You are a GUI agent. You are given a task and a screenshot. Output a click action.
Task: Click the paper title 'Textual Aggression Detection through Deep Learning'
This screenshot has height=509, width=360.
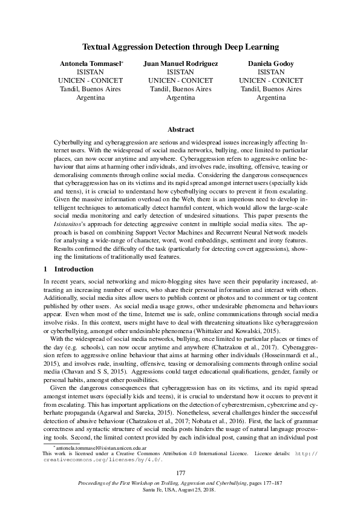click(x=180, y=47)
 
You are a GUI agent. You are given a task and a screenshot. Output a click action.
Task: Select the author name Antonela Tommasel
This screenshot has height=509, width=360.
click(x=89, y=63)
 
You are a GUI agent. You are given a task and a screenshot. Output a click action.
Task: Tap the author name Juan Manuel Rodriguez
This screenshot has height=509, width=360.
click(x=180, y=63)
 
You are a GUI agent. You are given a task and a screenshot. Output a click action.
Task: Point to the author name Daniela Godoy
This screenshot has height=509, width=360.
click(x=271, y=63)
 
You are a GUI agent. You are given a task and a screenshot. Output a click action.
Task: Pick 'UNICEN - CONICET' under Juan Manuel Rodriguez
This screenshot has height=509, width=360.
click(x=180, y=80)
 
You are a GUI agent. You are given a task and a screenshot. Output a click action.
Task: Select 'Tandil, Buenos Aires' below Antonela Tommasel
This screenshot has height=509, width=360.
click(x=90, y=88)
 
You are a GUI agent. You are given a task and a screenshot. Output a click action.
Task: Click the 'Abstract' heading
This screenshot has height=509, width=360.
click(x=180, y=129)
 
